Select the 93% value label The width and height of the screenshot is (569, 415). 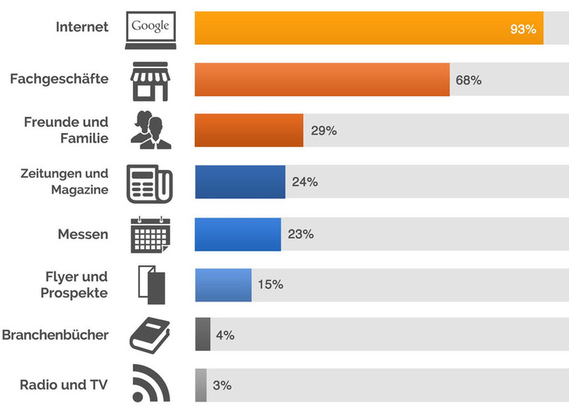coord(523,29)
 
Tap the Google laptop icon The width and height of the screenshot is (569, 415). coord(151,29)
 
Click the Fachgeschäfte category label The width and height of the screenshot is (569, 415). coord(59,79)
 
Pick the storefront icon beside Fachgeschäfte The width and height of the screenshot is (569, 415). coord(150,81)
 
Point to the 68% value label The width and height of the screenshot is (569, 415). coord(468,80)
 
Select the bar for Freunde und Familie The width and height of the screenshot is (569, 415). coord(249,131)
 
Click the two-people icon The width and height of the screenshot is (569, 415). coord(151,130)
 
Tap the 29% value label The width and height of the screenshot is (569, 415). coord(324,131)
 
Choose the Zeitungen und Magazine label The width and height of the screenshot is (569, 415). coord(64,182)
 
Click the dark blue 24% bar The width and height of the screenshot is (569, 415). coord(240,182)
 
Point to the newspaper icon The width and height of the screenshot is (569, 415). coord(150,183)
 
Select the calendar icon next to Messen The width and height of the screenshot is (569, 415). coord(150,234)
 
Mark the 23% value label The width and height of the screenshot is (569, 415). coord(300,234)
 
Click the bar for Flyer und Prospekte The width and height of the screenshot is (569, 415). coord(223,285)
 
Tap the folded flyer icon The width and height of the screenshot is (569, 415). coord(152,285)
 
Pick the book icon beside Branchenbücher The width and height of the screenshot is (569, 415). coord(149,335)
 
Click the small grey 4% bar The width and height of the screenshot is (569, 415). coord(203,334)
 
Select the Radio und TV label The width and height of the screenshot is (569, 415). coord(63,384)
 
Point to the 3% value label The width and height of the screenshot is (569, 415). coord(222,385)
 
